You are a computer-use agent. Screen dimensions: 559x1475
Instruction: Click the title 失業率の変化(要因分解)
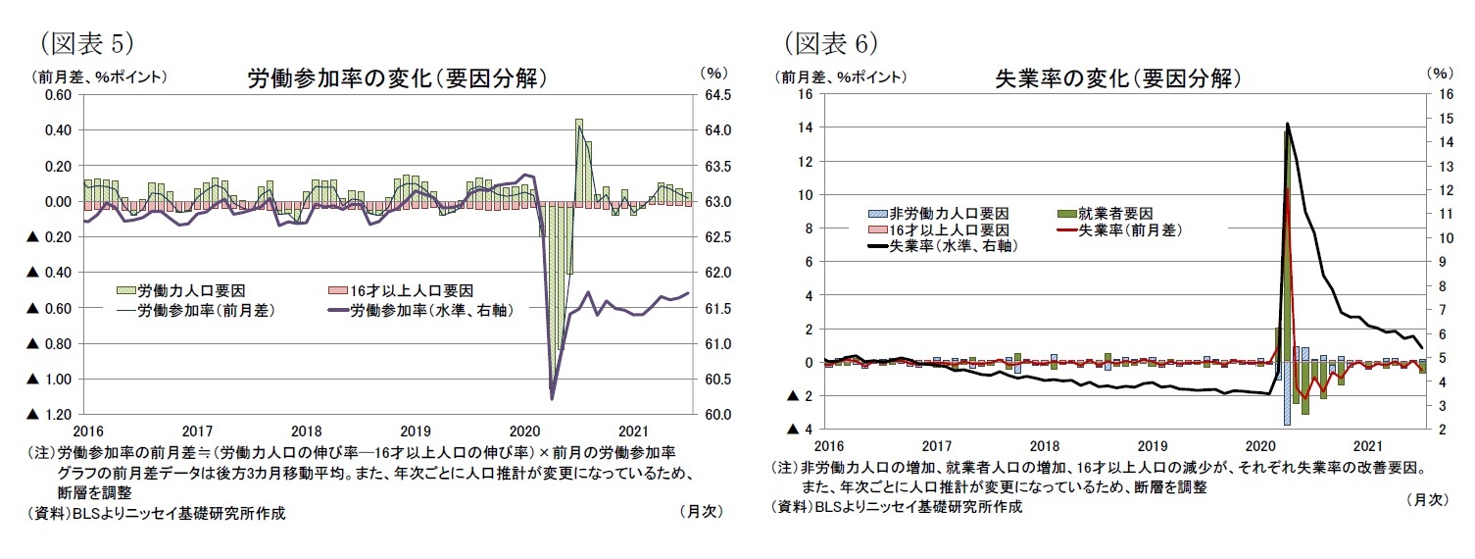[1118, 78]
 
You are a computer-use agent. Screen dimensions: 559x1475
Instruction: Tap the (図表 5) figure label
[85, 42]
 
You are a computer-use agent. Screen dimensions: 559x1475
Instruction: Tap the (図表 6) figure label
[830, 42]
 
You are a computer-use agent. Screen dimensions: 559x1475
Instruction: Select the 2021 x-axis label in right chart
[1368, 446]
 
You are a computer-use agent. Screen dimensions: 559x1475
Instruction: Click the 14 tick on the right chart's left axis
[807, 128]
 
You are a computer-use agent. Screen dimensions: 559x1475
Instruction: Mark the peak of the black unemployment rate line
[1287, 125]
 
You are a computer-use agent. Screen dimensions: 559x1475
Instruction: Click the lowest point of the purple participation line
[552, 398]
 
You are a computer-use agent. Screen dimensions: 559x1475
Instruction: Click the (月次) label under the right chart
[1426, 499]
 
